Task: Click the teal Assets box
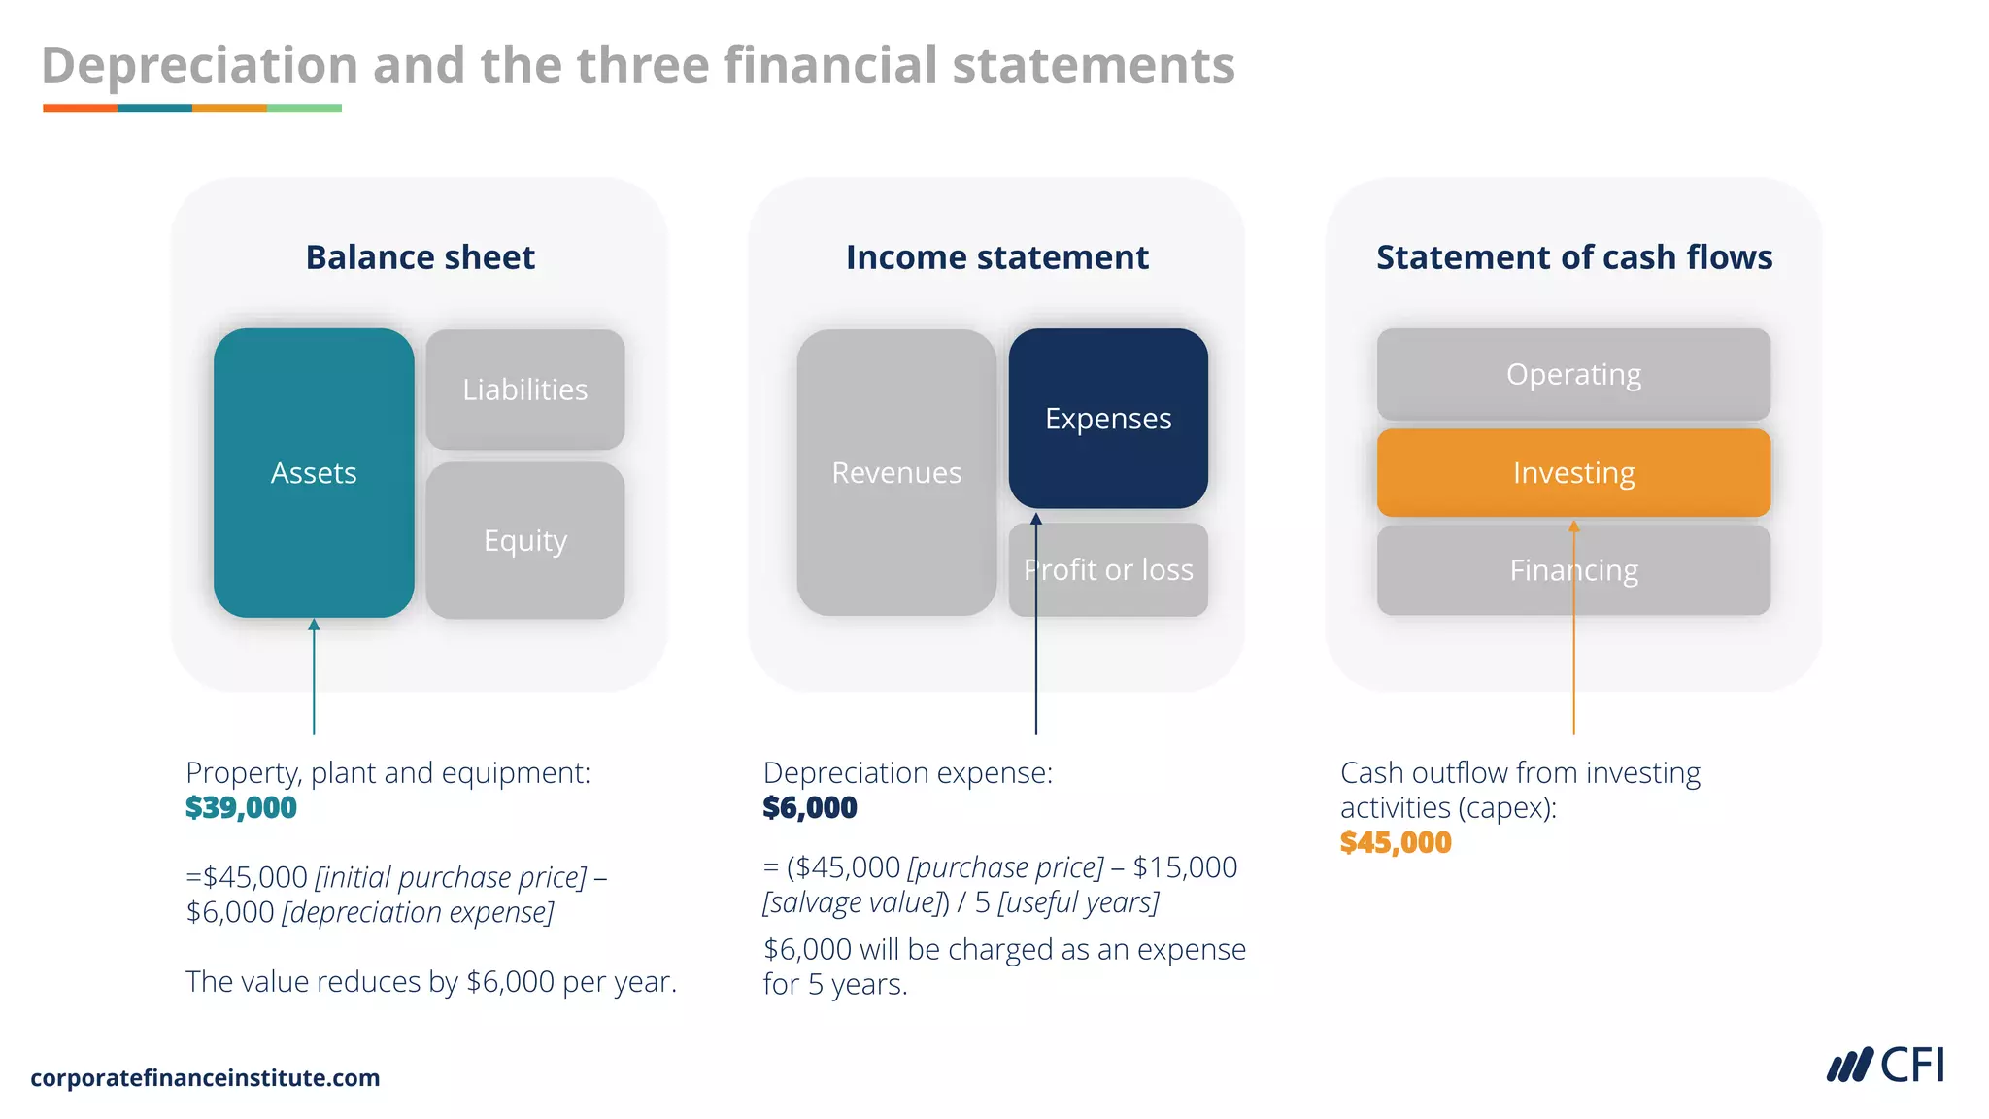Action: click(314, 473)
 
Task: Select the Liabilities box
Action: click(525, 390)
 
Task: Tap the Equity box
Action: click(525, 540)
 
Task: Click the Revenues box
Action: click(896, 473)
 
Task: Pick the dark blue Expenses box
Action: click(1108, 419)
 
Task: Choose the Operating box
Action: click(1573, 374)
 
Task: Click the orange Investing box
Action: click(1573, 473)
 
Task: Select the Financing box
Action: click(1573, 570)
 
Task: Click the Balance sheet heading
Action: click(421, 257)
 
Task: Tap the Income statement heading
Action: click(997, 257)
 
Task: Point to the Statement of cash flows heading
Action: click(1574, 257)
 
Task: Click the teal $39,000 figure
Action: click(241, 807)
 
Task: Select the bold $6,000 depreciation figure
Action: click(810, 807)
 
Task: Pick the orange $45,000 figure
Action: click(1396, 842)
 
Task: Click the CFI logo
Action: click(1886, 1066)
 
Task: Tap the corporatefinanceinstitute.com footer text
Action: click(205, 1078)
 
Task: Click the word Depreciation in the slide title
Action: click(200, 66)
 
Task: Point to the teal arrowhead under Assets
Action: click(314, 625)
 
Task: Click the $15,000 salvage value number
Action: click(1185, 867)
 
